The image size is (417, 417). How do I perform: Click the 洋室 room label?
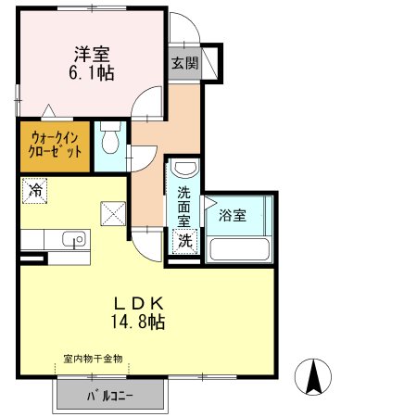(92, 55)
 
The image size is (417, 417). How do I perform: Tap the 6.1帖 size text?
(92, 73)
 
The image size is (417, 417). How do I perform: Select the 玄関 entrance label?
(184, 63)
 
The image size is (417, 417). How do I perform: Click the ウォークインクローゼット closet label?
(55, 145)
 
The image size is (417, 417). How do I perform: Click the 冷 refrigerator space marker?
(34, 191)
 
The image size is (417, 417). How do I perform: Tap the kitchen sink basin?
(74, 239)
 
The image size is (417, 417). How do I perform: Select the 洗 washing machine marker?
(184, 242)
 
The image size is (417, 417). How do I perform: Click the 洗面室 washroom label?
(183, 207)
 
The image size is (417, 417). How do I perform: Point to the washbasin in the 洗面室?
(184, 168)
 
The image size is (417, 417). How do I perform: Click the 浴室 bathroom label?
(233, 215)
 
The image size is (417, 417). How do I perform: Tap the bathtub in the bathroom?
(239, 249)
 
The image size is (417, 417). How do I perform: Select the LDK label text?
(138, 303)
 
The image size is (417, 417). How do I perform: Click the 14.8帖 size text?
(138, 322)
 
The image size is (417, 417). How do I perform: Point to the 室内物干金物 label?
(93, 359)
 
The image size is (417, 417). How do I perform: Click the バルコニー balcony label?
(110, 396)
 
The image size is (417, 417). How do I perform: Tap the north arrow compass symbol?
(313, 377)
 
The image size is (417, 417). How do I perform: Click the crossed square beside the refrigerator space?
(113, 213)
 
